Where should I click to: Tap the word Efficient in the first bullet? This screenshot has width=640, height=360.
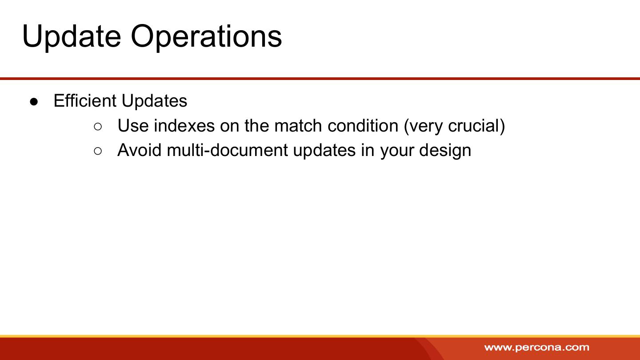pyautogui.click(x=85, y=100)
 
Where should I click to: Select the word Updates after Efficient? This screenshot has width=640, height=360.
pyautogui.click(x=154, y=101)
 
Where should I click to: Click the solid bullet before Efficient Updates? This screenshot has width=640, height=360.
pyautogui.click(x=34, y=102)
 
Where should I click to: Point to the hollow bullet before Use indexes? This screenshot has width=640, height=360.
pyautogui.click(x=98, y=127)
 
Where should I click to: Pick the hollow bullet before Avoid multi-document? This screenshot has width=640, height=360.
pyautogui.click(x=98, y=151)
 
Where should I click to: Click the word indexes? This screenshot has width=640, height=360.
pyautogui.click(x=184, y=126)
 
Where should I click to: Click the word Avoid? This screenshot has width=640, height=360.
pyautogui.click(x=140, y=150)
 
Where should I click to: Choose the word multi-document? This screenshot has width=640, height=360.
pyautogui.click(x=228, y=150)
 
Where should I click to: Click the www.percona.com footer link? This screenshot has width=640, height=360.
pyautogui.click(x=537, y=348)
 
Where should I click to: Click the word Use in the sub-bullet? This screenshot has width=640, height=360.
pyautogui.click(x=133, y=126)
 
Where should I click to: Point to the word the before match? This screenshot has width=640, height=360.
pyautogui.click(x=257, y=126)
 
